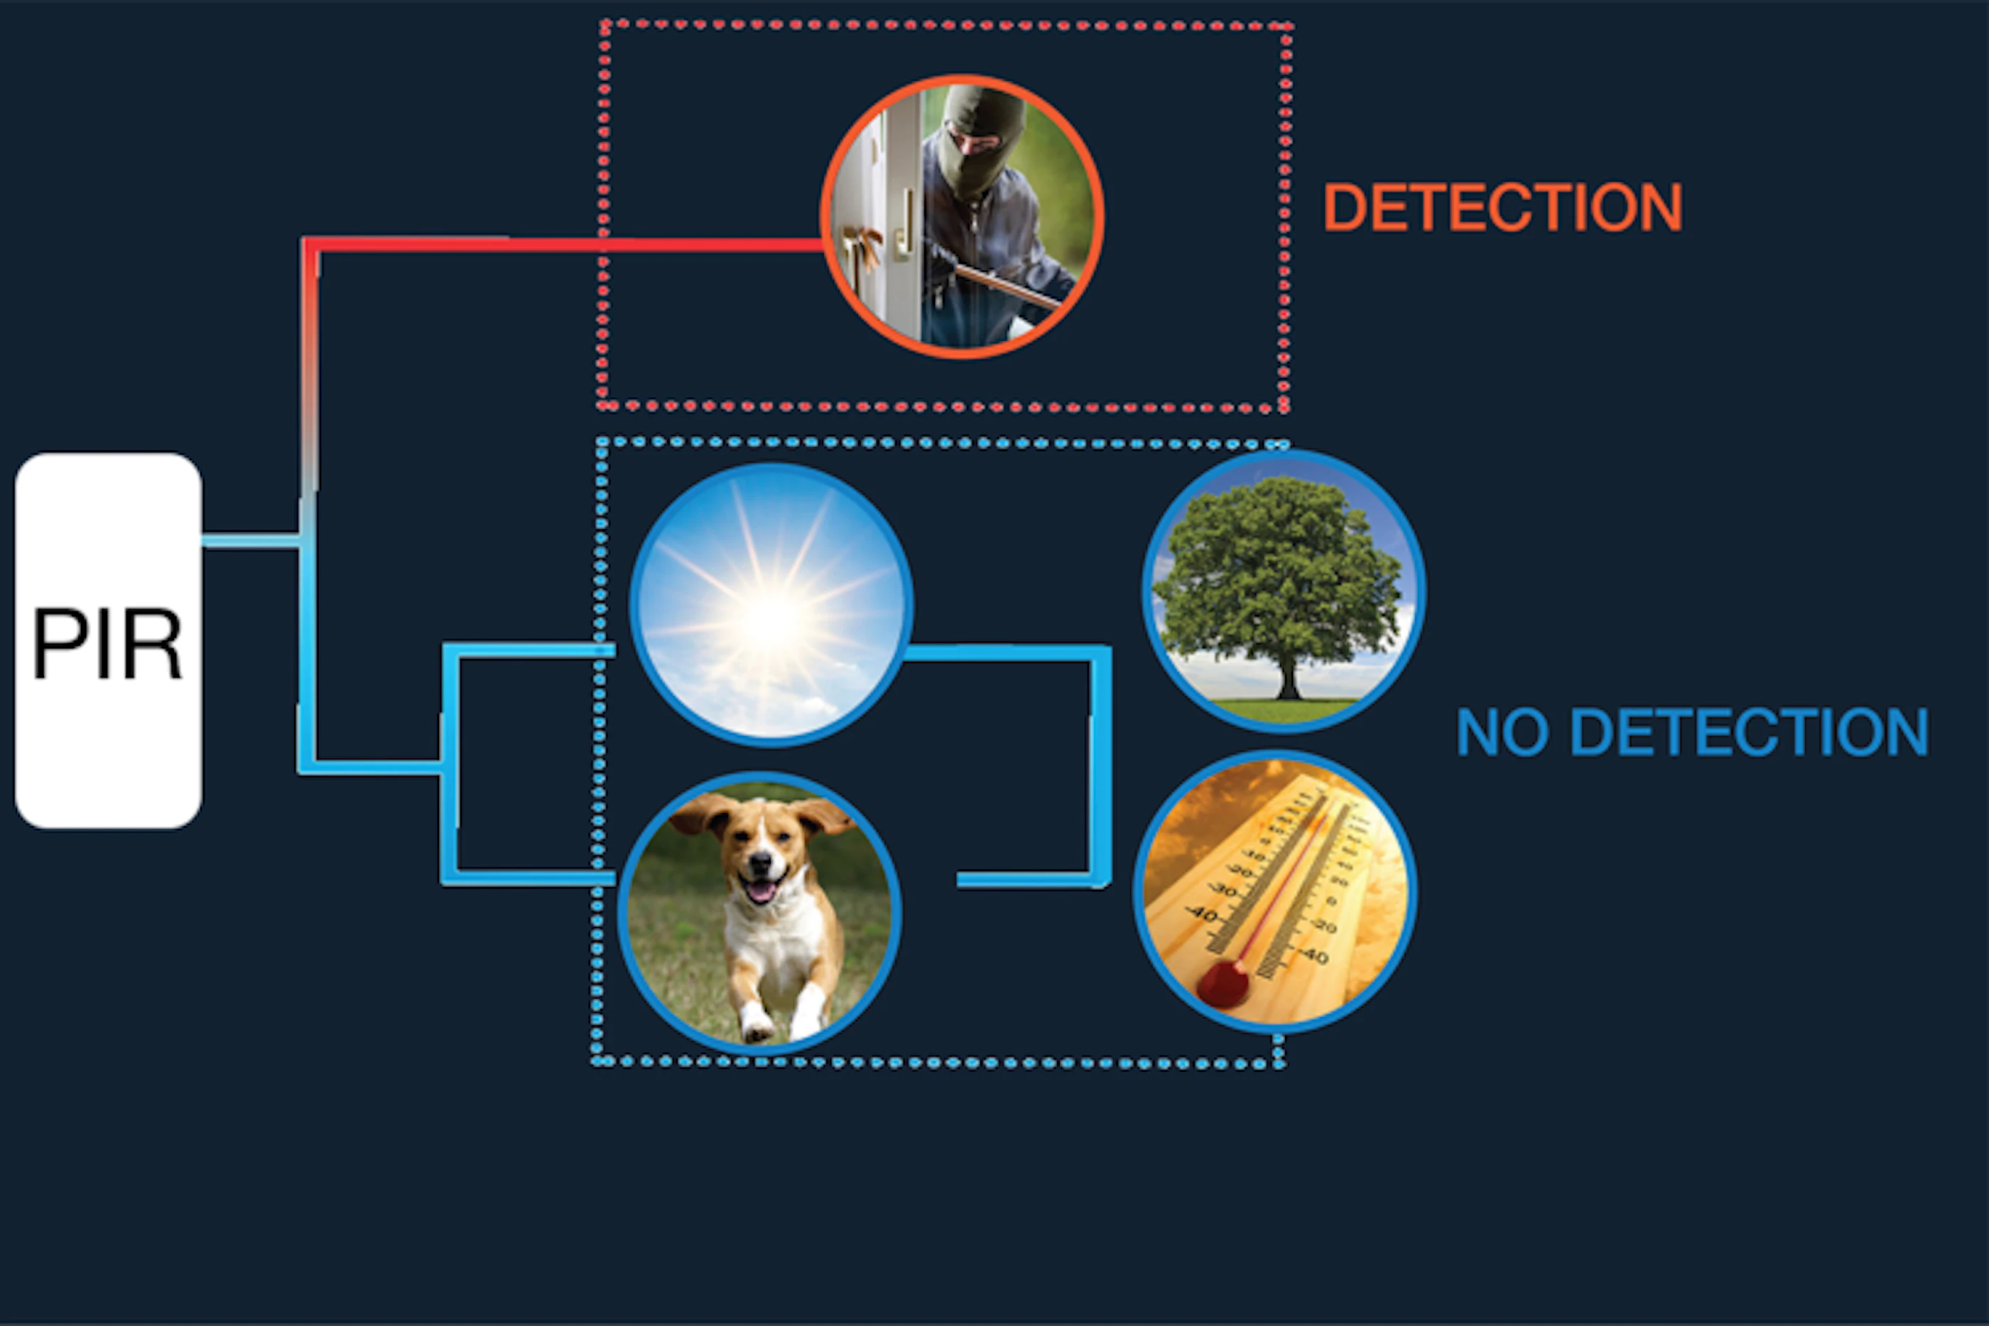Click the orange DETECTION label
(x=1502, y=207)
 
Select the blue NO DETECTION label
(x=1692, y=732)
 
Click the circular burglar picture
(x=963, y=216)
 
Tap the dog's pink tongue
(x=761, y=891)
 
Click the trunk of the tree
(x=1287, y=677)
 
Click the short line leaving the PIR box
(x=250, y=541)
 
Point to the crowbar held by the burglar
(x=1007, y=285)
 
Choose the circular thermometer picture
(x=1275, y=892)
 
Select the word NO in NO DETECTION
(x=1502, y=732)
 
